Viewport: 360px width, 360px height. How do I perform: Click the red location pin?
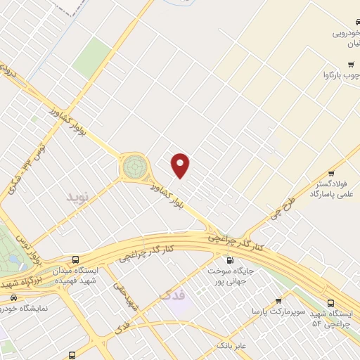tap(181, 165)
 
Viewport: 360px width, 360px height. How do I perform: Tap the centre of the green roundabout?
tap(134, 167)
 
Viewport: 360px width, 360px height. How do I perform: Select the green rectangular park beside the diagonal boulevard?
tap(92, 58)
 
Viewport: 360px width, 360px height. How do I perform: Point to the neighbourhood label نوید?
tap(79, 196)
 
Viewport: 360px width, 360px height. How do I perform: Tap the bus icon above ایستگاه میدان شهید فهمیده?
tap(76, 259)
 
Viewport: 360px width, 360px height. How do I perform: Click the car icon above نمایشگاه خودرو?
tap(13, 298)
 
